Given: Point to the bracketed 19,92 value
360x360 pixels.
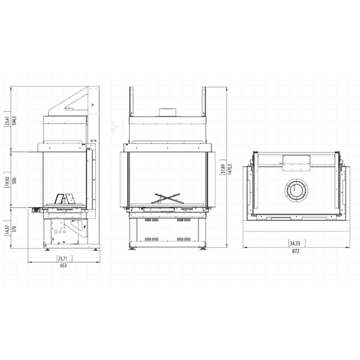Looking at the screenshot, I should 7,181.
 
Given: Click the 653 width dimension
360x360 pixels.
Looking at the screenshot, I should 63,266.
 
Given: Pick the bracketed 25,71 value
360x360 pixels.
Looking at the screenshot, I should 63,259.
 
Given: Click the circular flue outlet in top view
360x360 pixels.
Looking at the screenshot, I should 295,191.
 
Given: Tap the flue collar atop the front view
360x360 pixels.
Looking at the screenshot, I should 166,112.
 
